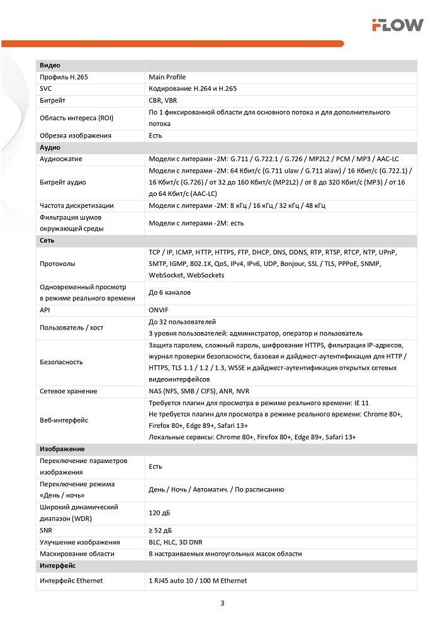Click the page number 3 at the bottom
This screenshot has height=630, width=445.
[x=222, y=603]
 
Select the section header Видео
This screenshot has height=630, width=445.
[x=50, y=66]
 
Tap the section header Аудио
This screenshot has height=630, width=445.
[x=50, y=147]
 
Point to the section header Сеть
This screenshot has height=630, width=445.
[x=47, y=241]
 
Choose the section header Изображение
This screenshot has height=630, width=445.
[x=62, y=449]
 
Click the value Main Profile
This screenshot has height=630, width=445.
[x=167, y=77]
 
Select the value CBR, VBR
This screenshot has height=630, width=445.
[x=163, y=100]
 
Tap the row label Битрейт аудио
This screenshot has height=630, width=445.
[x=63, y=182]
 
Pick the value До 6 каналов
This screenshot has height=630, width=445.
[x=169, y=292]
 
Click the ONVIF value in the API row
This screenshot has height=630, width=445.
[x=159, y=310]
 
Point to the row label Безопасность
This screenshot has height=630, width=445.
[x=61, y=362]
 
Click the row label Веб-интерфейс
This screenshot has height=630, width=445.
[x=64, y=420]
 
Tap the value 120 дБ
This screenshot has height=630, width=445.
[x=160, y=513]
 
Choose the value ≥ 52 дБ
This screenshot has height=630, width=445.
[x=161, y=531]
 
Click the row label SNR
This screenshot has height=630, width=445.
[x=46, y=531]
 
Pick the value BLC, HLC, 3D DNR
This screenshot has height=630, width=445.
[x=176, y=542]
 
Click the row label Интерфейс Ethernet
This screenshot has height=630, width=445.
[x=71, y=581]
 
